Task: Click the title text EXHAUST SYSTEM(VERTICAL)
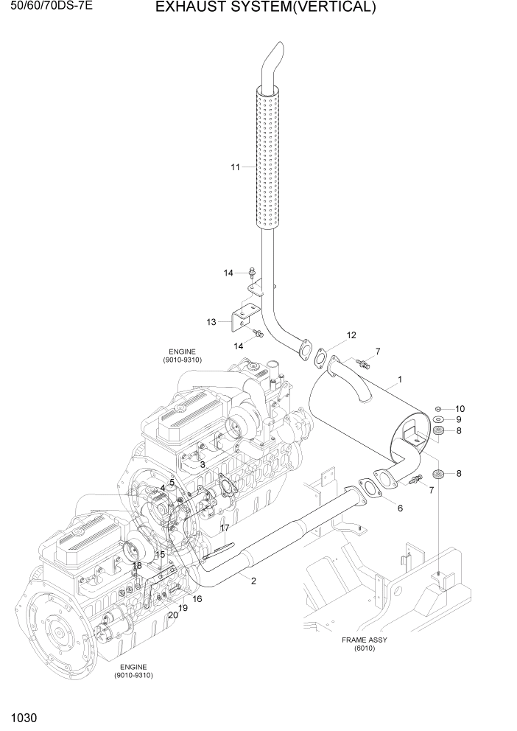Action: (265, 8)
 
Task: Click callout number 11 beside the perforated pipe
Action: (236, 167)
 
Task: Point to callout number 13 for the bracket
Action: (211, 322)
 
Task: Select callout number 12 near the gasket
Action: (351, 335)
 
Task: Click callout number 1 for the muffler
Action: (399, 380)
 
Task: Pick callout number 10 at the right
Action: (460, 408)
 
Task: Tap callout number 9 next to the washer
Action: (458, 419)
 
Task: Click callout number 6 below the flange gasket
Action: (400, 508)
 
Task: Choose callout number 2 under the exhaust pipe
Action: (253, 581)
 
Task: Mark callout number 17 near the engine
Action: (225, 528)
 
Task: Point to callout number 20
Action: (172, 615)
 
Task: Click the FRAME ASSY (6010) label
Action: (364, 644)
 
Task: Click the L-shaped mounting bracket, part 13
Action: (242, 318)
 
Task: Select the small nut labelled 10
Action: (438, 408)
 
